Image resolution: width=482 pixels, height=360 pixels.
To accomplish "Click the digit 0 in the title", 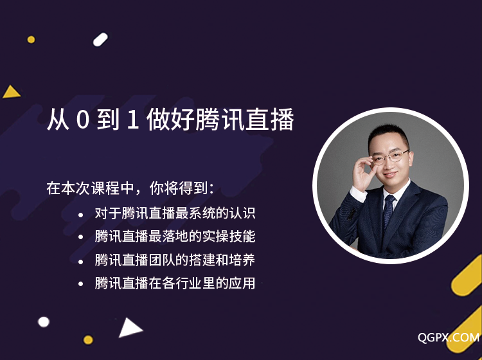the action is tap(82, 120).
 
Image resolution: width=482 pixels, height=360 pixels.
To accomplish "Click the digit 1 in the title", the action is tap(132, 120).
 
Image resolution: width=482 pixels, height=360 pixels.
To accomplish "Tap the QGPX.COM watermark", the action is tap(449, 337).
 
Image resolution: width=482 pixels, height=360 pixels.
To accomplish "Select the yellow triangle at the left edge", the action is tap(11, 92).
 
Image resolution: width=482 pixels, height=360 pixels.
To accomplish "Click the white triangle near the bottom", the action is tap(129, 328).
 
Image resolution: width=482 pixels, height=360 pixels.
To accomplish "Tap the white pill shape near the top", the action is tap(100, 39).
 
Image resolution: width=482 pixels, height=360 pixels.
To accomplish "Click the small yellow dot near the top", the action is tap(31, 39).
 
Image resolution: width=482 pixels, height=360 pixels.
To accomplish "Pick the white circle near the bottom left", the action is tap(44, 322).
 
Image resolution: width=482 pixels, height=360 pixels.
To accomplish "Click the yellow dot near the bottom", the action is tap(88, 339).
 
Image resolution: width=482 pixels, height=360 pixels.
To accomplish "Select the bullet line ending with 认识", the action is tap(175, 213).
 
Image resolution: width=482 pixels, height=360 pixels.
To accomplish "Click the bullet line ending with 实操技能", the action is tap(175, 236).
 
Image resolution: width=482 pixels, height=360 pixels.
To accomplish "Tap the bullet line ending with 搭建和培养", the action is tap(175, 260).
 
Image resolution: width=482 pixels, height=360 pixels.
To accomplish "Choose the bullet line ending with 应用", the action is tap(175, 283).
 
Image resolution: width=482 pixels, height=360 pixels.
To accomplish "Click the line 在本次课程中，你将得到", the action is tap(130, 188).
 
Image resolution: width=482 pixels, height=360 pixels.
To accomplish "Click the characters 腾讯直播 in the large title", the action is tap(244, 120).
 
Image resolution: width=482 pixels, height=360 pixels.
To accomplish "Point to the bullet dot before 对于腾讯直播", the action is tap(80, 215).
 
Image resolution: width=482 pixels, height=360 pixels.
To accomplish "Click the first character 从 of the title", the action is tap(58, 120).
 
